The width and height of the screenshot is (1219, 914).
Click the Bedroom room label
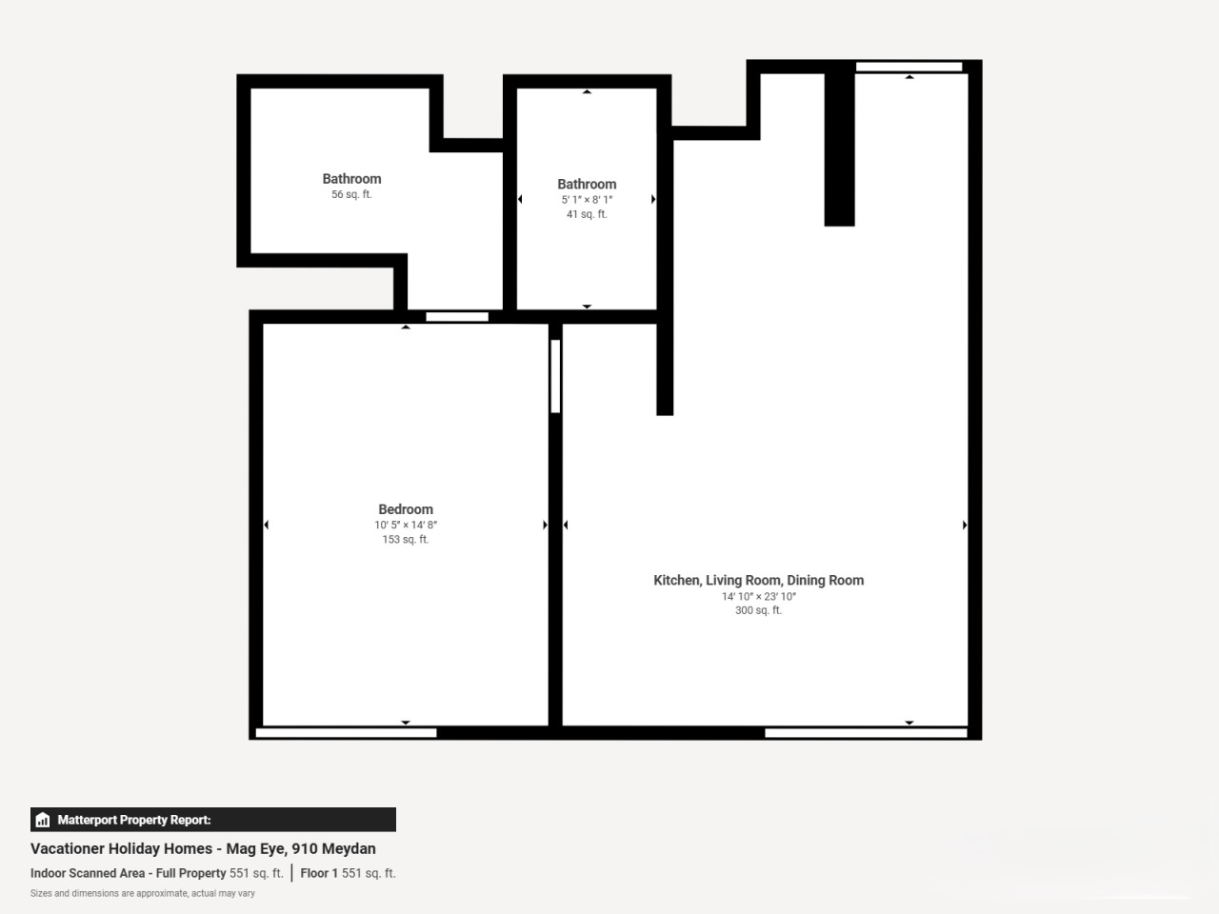click(406, 509)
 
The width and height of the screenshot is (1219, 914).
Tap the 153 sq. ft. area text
click(406, 540)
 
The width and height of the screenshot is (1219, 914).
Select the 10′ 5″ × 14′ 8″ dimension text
click(406, 525)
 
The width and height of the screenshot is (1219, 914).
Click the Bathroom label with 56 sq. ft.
click(351, 179)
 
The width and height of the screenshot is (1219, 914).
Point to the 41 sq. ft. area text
click(587, 214)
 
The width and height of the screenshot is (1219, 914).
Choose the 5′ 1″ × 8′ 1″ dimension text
click(587, 200)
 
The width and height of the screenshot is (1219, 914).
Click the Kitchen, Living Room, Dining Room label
click(758, 581)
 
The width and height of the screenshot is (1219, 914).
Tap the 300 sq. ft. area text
click(758, 610)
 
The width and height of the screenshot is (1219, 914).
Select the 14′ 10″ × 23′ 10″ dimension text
click(758, 597)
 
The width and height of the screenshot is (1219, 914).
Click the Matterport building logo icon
click(43, 820)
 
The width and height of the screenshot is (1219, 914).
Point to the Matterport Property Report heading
click(134, 820)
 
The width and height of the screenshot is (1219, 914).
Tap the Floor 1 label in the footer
click(319, 873)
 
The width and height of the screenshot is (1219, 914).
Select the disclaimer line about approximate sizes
click(142, 893)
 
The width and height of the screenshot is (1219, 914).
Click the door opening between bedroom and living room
click(555, 376)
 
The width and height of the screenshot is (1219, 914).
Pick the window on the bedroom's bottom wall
click(346, 733)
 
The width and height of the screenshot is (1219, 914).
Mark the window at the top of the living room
click(909, 67)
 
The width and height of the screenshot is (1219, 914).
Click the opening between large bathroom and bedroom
click(457, 317)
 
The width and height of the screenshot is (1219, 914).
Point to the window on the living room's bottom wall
click(866, 733)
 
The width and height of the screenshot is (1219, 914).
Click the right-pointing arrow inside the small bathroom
click(653, 199)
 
